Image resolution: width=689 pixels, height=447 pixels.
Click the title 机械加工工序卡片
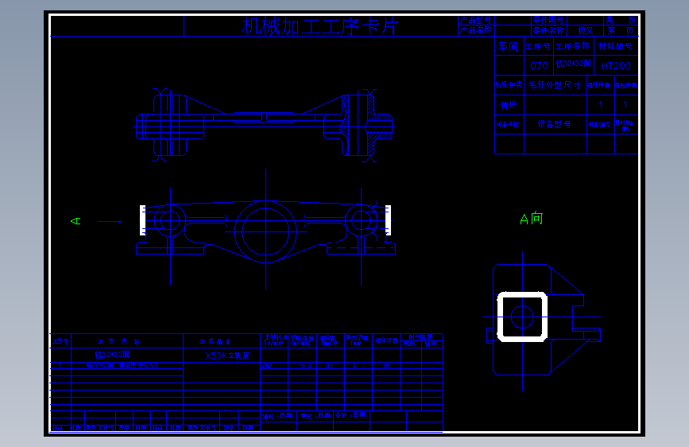point(319,27)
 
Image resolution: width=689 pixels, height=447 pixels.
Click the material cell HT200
point(616,66)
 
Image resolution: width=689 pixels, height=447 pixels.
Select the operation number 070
point(538,66)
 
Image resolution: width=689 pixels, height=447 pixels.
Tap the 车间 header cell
point(509,47)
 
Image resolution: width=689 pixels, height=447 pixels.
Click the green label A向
point(531,218)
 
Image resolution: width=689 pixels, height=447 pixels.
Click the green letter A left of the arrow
point(76,221)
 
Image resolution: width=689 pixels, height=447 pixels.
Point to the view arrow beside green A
point(110,222)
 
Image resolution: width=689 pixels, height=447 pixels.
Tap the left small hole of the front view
point(169,220)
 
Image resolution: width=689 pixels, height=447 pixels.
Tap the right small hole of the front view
point(361,220)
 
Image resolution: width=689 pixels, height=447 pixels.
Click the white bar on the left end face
point(142,220)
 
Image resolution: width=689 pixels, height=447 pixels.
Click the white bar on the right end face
point(389,220)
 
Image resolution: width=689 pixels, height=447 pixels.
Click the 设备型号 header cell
point(555,124)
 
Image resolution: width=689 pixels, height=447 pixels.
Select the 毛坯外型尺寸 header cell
point(555,85)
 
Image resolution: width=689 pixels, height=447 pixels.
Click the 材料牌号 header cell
point(617,47)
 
